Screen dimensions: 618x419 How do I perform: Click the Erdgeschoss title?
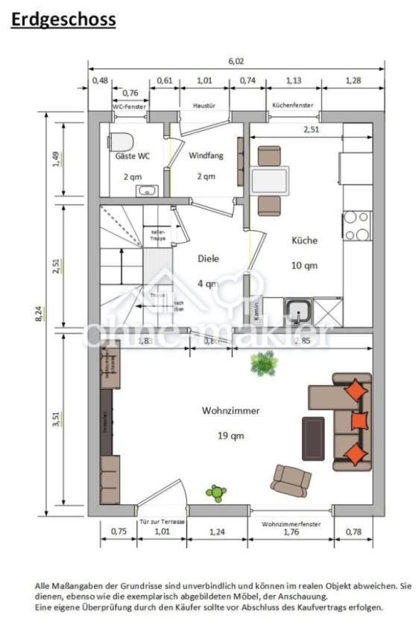(x=63, y=19)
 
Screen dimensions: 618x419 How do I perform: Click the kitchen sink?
(x=299, y=310)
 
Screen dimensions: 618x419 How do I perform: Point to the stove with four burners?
(x=356, y=226)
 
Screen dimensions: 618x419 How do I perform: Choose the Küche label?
(x=306, y=240)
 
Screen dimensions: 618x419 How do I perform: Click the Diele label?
(x=208, y=259)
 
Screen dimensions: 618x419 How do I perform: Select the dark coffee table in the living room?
(x=312, y=438)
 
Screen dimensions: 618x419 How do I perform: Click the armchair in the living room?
(x=291, y=480)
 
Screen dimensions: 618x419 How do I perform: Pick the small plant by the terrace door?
(x=216, y=492)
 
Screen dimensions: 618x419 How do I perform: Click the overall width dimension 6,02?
(x=236, y=63)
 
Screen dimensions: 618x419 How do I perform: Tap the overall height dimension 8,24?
(x=39, y=313)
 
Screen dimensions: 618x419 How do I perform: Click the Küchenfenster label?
(x=293, y=106)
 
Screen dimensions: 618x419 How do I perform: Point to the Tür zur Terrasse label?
(x=162, y=523)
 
